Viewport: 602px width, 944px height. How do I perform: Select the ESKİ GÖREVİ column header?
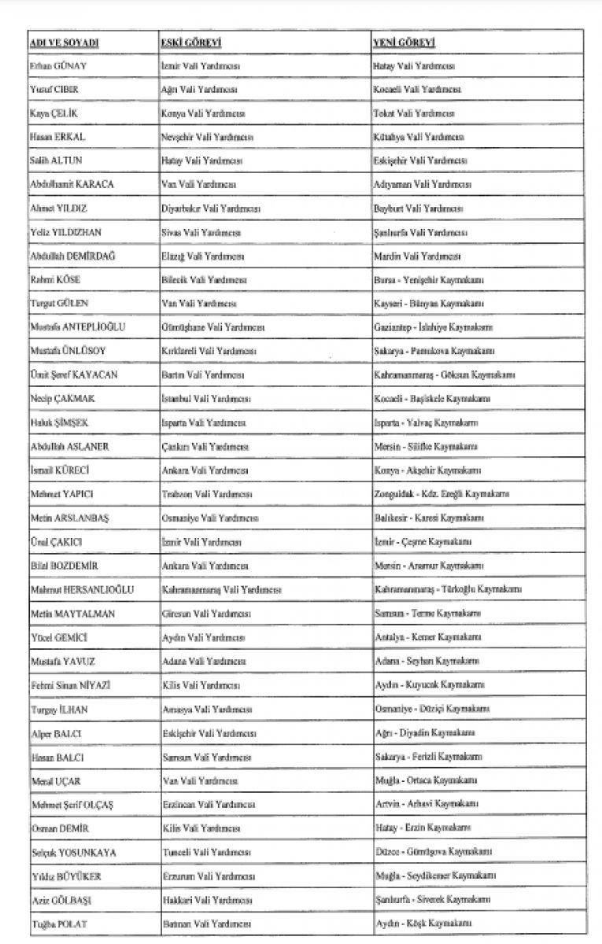[x=189, y=42]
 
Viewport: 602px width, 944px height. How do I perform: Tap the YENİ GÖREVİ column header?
[x=404, y=42]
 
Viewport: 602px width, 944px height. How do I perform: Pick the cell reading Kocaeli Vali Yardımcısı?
[x=417, y=90]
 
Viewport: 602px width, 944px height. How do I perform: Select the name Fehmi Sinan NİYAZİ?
[x=70, y=685]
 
